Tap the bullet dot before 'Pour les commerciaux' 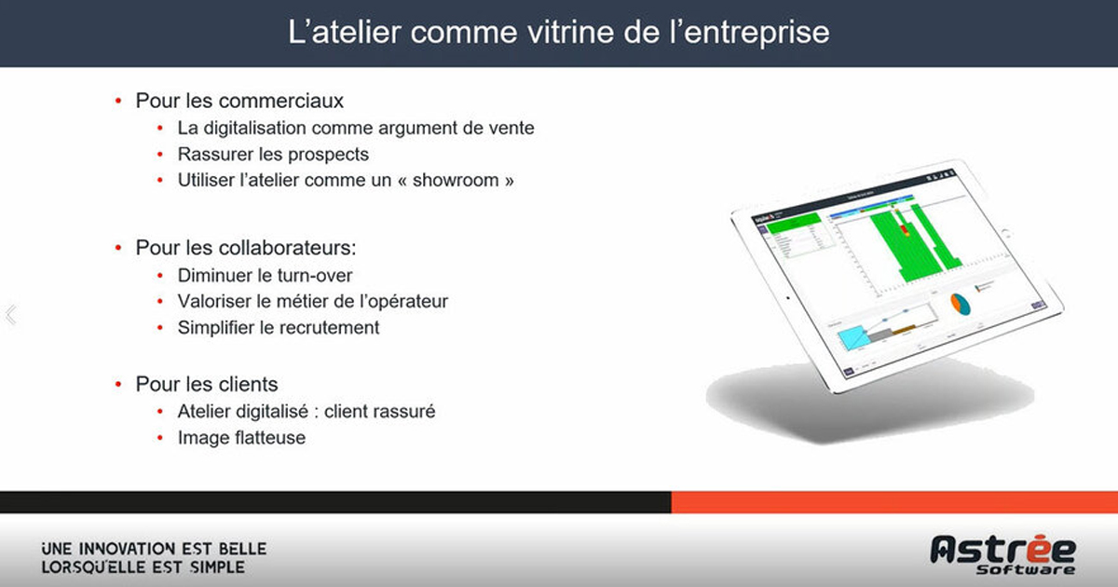click(x=118, y=101)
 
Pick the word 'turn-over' click(x=316, y=275)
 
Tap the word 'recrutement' click(x=327, y=327)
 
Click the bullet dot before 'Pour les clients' click(x=118, y=384)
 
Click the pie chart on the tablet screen click(x=961, y=304)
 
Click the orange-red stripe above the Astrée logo click(x=894, y=502)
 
